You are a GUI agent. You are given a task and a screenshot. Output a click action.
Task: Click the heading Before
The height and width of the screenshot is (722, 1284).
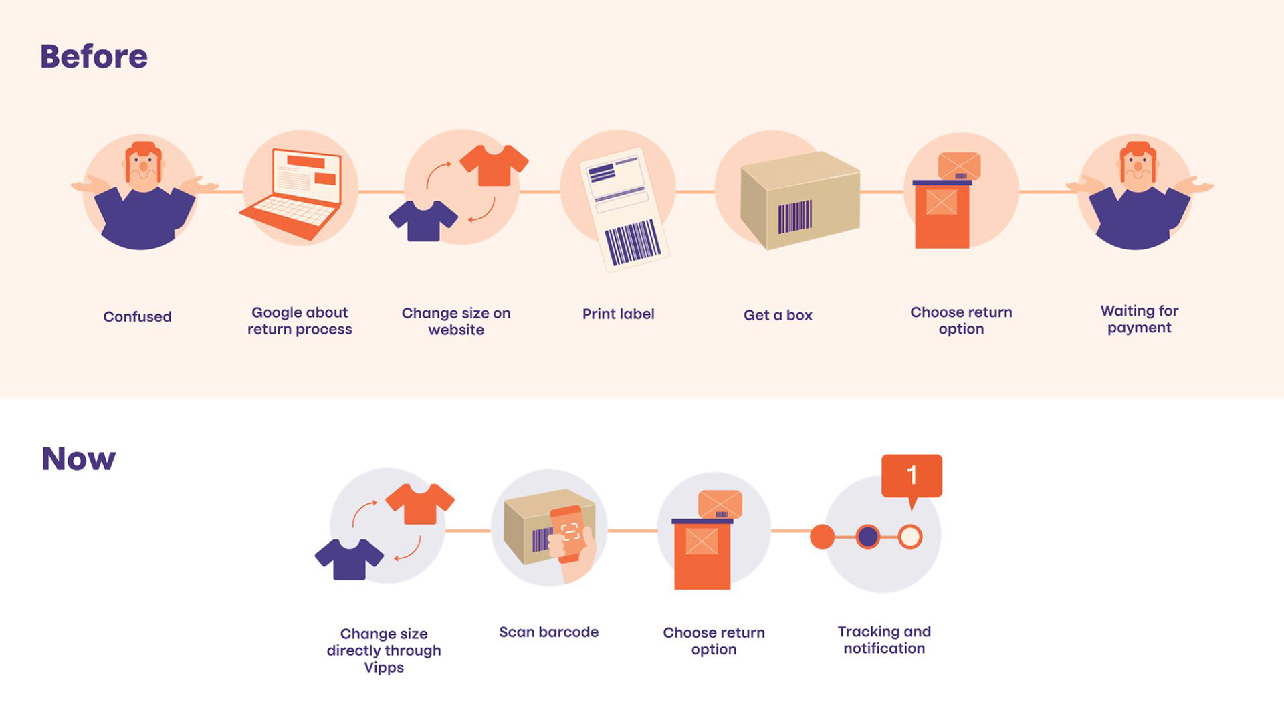click(94, 57)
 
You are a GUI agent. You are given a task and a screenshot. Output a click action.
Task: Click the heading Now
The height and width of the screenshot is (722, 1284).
click(78, 459)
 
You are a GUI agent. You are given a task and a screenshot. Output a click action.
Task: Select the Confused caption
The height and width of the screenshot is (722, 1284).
click(137, 316)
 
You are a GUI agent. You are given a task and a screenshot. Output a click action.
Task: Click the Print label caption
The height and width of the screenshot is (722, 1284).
click(618, 314)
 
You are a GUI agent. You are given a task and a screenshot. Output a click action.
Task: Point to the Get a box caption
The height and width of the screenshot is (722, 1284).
click(778, 315)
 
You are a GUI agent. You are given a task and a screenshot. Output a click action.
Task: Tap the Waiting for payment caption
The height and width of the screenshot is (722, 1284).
click(1139, 319)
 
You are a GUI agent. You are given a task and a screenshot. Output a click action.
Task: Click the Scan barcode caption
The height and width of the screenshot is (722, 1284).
click(548, 632)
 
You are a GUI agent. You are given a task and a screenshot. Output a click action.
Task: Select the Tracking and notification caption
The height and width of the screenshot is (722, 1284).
click(884, 640)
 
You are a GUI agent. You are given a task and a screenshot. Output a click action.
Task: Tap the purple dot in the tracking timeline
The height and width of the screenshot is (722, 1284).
click(867, 536)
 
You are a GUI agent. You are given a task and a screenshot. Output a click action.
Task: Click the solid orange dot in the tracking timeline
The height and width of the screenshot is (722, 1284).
click(822, 536)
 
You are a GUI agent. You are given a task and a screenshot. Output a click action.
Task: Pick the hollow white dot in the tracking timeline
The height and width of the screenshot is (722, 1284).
click(909, 536)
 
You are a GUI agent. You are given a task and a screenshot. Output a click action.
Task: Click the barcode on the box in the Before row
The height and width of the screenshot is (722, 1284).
click(794, 217)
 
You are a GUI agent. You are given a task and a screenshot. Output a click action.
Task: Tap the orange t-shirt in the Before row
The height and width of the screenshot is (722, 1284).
click(494, 164)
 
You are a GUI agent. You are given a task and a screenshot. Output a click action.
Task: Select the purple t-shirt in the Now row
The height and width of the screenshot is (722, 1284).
click(349, 558)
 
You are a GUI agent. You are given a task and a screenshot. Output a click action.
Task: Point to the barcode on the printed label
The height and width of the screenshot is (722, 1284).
click(632, 242)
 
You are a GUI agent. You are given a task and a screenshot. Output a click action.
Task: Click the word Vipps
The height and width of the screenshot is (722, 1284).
click(384, 667)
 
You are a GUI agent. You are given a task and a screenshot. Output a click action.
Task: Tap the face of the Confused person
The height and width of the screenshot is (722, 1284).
click(142, 167)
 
